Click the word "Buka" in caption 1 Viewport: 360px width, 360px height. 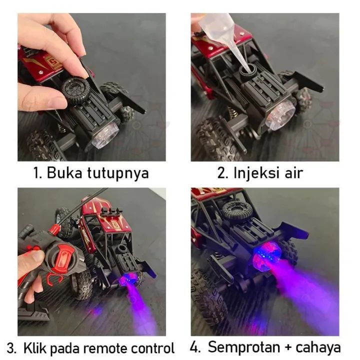tap(64, 172)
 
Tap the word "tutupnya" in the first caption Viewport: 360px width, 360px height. tap(118, 173)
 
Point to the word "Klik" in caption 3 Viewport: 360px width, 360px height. tap(34, 348)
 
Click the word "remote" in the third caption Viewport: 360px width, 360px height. tap(104, 349)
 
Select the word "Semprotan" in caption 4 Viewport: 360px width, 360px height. tap(244, 347)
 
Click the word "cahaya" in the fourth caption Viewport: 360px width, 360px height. tap(318, 347)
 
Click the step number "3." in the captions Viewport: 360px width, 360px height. tap(11, 348)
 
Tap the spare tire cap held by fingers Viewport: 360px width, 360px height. tap(75, 88)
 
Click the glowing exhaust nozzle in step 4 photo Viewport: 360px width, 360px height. tap(267, 255)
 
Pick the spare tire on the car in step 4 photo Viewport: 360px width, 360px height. tap(236, 210)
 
